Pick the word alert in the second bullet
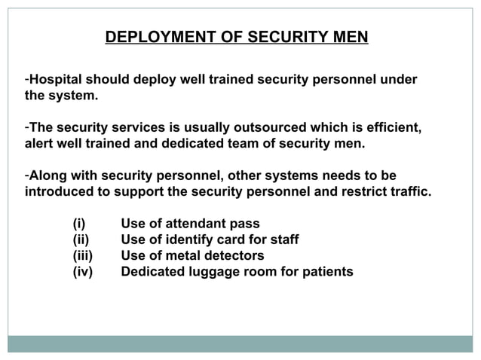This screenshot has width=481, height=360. tap(39, 144)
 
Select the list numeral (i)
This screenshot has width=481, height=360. tap(79, 224)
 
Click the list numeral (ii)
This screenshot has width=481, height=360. tap(81, 239)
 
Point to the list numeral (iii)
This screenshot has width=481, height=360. tap(82, 255)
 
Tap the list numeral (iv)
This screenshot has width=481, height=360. tap(82, 271)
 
